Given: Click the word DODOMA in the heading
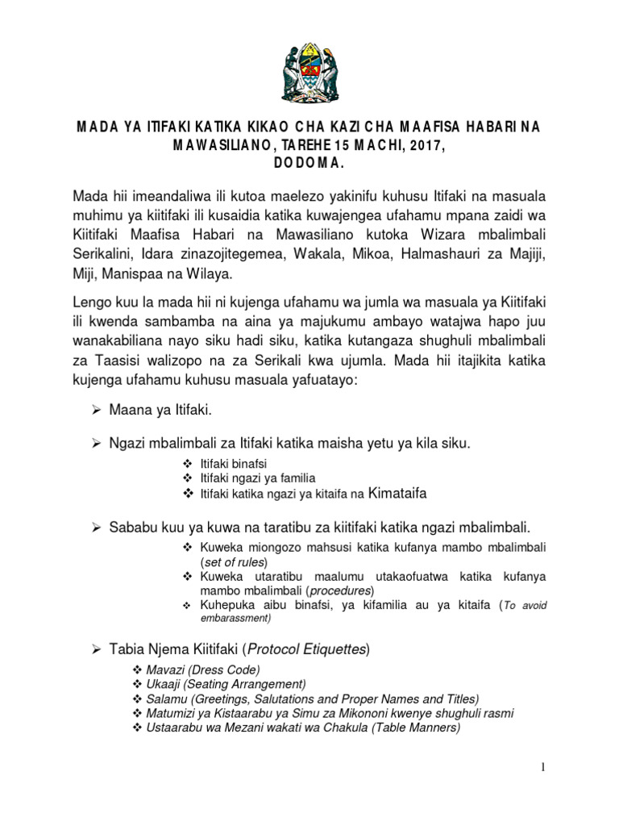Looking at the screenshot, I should [309, 161].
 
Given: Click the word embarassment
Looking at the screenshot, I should [235, 619].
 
